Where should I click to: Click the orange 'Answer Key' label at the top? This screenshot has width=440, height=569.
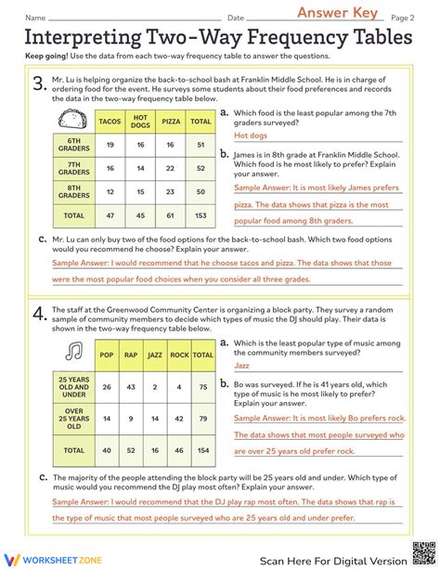pyautogui.click(x=337, y=12)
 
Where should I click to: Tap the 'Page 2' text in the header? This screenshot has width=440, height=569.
pyautogui.click(x=402, y=18)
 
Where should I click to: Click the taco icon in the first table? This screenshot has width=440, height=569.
pyautogui.click(x=72, y=120)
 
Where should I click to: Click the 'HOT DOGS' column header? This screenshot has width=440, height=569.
pyautogui.click(x=141, y=121)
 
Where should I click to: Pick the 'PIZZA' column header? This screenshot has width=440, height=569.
pyautogui.click(x=172, y=121)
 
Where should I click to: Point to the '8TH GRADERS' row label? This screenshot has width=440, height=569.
pyautogui.click(x=73, y=192)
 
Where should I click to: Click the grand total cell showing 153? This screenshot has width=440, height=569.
pyautogui.click(x=201, y=214)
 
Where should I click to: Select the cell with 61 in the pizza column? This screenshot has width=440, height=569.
pyautogui.click(x=172, y=214)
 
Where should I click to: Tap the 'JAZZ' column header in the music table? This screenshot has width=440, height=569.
pyautogui.click(x=155, y=354)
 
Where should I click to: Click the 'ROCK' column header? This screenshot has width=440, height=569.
pyautogui.click(x=179, y=354)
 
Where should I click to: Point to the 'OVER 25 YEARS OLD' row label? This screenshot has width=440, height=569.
pyautogui.click(x=73, y=418)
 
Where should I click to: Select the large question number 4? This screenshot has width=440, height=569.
pyautogui.click(x=38, y=316)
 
